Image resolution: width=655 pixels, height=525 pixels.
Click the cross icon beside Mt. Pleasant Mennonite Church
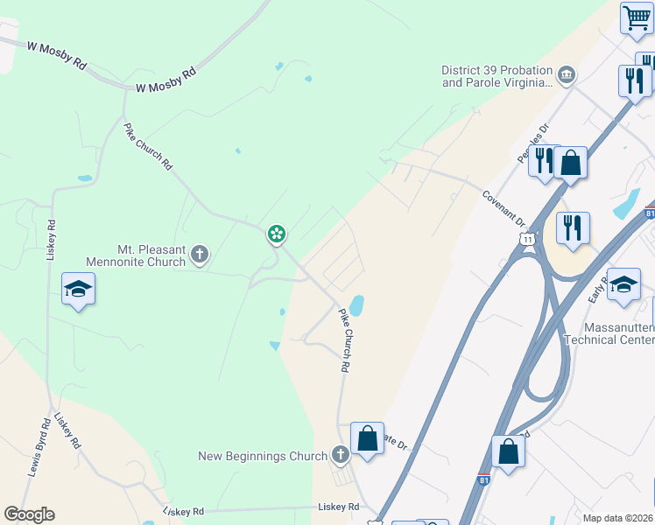click(x=200, y=255)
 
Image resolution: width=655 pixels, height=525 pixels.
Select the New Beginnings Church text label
click(x=263, y=456)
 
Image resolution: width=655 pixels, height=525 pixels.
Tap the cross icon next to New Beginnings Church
click(x=340, y=455)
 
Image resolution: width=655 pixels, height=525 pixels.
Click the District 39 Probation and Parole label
click(x=497, y=77)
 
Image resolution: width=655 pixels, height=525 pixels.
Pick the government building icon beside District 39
click(x=567, y=75)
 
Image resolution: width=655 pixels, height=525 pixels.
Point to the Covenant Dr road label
click(x=501, y=206)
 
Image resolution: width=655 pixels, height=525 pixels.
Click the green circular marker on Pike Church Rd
click(x=277, y=233)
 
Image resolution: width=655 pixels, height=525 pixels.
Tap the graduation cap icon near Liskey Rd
click(x=78, y=290)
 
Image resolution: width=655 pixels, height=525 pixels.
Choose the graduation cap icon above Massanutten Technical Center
click(x=623, y=284)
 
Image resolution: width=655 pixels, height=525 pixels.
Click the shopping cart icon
click(x=636, y=18)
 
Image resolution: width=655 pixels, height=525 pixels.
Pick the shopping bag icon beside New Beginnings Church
click(x=367, y=438)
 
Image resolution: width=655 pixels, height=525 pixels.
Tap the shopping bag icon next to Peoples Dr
click(x=570, y=163)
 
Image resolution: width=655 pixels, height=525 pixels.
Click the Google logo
click(x=29, y=514)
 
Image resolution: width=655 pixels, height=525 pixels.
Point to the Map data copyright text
click(x=617, y=518)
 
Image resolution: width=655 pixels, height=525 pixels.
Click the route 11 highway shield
click(x=526, y=238)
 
